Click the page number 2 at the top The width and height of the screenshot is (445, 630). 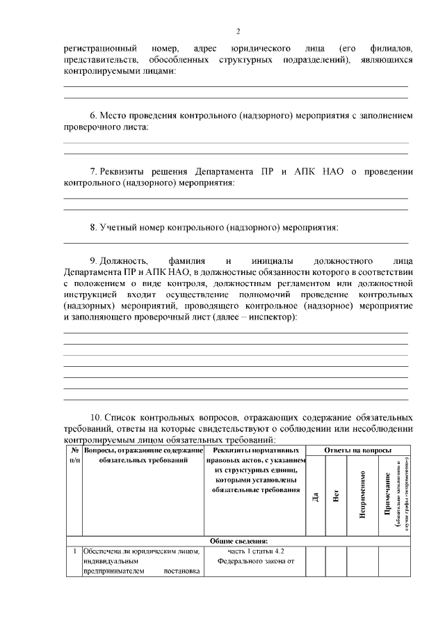coord(237,31)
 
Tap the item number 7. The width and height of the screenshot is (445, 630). coord(94,171)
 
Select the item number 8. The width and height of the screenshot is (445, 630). coord(94,228)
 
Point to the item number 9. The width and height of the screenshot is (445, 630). coord(94,261)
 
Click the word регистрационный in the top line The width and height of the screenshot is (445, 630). coord(97,49)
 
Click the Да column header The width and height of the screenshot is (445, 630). coord(316,496)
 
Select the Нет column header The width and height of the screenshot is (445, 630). coord(336,496)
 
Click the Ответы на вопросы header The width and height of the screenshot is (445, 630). coord(358,451)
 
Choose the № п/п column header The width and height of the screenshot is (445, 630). coord(74,456)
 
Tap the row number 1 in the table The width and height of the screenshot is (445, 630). coord(74,551)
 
